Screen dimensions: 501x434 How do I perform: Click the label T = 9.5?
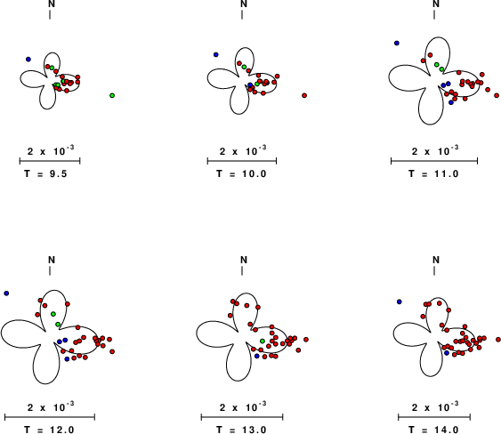coord(46,173)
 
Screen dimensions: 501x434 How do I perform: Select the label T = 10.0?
coord(241,173)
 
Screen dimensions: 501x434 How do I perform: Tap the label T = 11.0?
coord(434,173)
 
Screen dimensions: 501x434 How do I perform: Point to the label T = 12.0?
coord(50,430)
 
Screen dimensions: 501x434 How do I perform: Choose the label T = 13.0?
coord(241,430)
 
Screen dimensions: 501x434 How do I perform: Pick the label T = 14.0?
coord(434,430)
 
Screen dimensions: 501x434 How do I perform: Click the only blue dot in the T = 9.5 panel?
coord(28,60)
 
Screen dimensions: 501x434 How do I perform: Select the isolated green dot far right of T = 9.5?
coord(112,95)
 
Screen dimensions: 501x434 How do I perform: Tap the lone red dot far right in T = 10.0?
coord(304,95)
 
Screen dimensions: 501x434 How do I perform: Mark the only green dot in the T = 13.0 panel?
coord(263,342)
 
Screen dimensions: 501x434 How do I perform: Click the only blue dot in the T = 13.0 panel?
coord(257,356)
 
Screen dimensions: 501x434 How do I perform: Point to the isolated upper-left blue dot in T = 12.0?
coord(6,293)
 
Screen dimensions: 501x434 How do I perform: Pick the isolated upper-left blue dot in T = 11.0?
coord(397,43)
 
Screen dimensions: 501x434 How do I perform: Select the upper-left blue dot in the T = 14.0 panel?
coord(399,301)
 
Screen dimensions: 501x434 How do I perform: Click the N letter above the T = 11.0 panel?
coord(436,4)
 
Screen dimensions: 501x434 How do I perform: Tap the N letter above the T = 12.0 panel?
coord(52,260)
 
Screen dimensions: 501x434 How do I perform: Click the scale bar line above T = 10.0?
coord(242,161)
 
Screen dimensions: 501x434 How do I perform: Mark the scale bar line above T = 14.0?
coord(434,417)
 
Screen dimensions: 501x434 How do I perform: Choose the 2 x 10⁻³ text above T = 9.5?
coord(51,150)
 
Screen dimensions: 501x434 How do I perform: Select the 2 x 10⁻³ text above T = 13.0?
coord(243,406)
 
